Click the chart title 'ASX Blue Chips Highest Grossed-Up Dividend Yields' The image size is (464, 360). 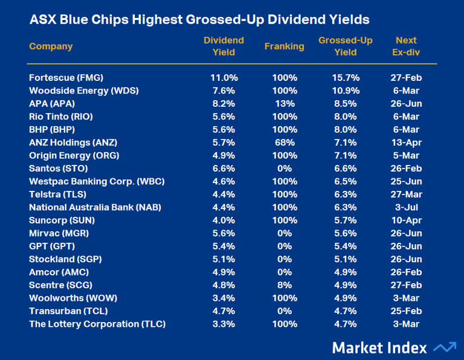(x=199, y=20)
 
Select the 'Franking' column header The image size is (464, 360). (x=284, y=47)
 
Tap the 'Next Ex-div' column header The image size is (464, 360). (x=406, y=47)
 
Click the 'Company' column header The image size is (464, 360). (x=51, y=47)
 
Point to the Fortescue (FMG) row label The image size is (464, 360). (x=66, y=78)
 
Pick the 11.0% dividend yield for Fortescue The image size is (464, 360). (x=224, y=78)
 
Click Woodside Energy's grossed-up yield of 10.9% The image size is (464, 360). (x=345, y=91)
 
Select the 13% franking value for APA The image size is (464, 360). (x=284, y=103)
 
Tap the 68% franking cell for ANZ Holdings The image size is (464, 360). (x=284, y=143)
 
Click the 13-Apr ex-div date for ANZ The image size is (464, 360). (x=406, y=143)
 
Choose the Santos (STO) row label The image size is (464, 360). (x=57, y=169)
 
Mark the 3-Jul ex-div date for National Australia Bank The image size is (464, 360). (x=406, y=207)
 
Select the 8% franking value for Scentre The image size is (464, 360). (x=284, y=285)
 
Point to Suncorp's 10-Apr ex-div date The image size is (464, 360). (x=406, y=220)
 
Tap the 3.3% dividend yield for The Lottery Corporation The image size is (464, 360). (x=224, y=324)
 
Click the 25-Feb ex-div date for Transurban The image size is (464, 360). (x=406, y=311)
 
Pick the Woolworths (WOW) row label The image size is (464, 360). (x=73, y=298)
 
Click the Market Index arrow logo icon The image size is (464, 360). (x=445, y=347)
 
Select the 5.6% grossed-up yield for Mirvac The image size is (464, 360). (x=345, y=233)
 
